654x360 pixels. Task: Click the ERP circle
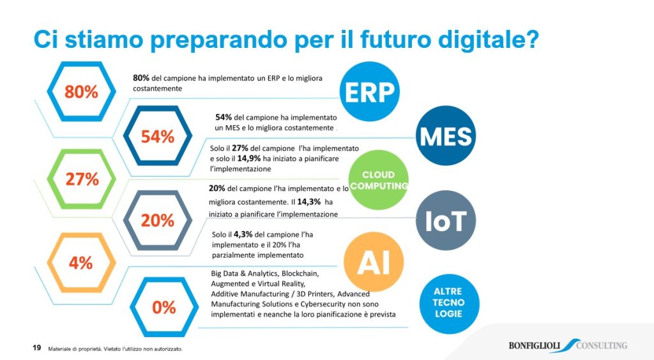point(370,92)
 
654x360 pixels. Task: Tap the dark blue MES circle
point(446,136)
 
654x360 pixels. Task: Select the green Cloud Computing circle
point(378,180)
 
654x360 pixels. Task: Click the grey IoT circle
point(446,220)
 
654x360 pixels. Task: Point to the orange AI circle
point(374,262)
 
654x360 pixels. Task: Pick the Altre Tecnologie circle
point(449,303)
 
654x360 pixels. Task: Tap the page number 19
point(36,347)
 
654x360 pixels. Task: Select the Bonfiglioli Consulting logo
point(568,345)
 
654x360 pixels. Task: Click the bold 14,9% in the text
point(249,159)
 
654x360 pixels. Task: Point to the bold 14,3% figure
point(309,202)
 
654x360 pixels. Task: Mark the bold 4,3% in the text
point(243,235)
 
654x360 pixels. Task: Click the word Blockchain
point(300,274)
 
